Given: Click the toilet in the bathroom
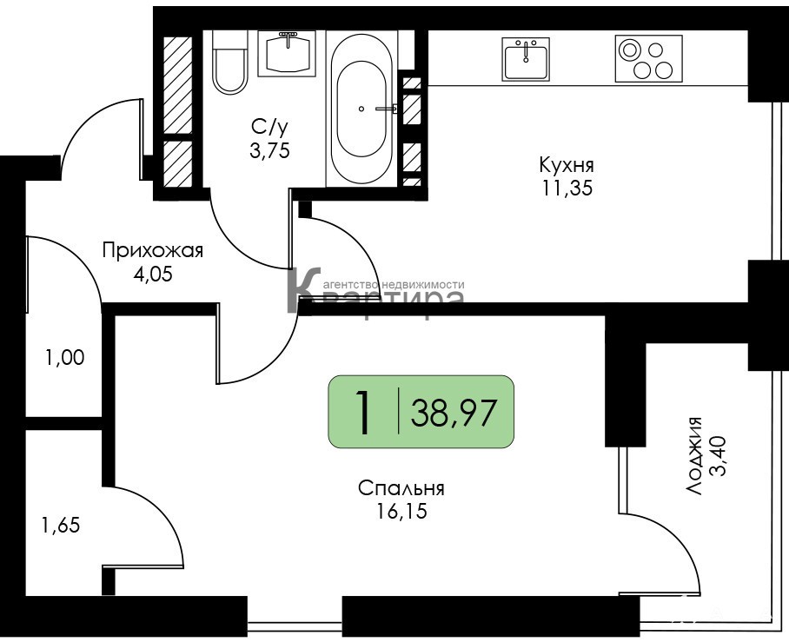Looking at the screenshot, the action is click(x=230, y=62).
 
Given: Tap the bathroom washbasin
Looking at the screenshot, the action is click(x=287, y=53).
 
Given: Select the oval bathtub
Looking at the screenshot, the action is click(x=361, y=109).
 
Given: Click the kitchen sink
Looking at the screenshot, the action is click(x=526, y=59).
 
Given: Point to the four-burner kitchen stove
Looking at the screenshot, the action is click(x=648, y=58).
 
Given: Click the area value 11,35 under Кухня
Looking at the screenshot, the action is click(x=567, y=189).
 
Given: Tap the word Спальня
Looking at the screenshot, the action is click(x=401, y=487).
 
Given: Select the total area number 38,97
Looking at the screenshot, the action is click(x=454, y=412).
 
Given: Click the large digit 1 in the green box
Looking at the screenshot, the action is click(x=363, y=412).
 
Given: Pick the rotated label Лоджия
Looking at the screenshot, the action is click(x=694, y=456).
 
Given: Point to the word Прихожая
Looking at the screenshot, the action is click(x=152, y=250).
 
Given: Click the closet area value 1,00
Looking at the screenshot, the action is click(x=64, y=358).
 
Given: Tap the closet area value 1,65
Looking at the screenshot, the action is click(x=61, y=526).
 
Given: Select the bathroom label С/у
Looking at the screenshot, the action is click(x=270, y=128).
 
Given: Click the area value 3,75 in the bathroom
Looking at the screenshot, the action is click(x=270, y=150).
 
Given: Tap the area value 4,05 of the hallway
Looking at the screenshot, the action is click(x=152, y=275).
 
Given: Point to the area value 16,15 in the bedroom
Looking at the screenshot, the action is click(x=401, y=511).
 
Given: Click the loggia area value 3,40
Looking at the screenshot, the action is click(x=717, y=456).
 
